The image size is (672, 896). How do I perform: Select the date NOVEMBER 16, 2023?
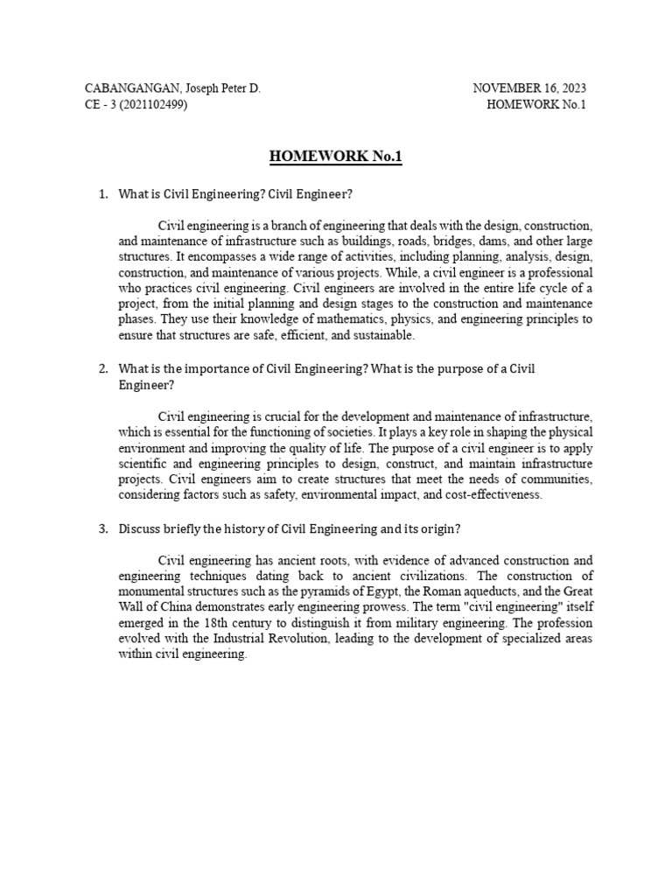coord(529,88)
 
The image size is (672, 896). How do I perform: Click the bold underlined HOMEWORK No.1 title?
coord(336,157)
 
